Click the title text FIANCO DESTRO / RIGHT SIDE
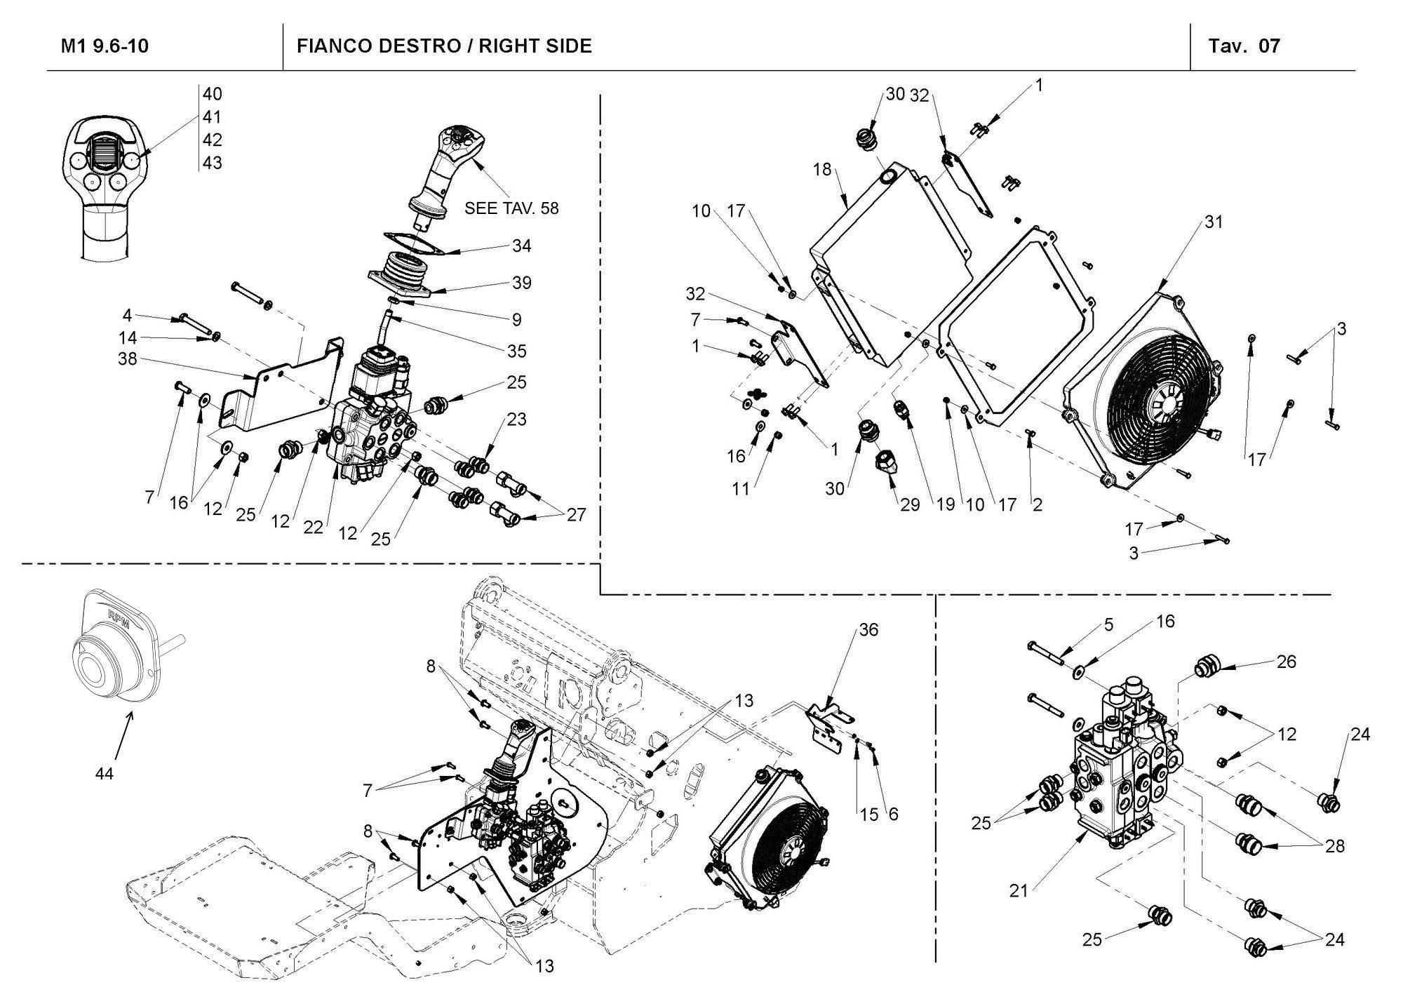click(x=444, y=46)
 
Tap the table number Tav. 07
click(x=1244, y=46)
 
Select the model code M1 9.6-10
click(x=105, y=46)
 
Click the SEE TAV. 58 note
click(x=511, y=208)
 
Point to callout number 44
click(x=105, y=774)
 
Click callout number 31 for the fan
click(x=1214, y=222)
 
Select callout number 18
click(x=822, y=170)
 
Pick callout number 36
click(x=868, y=630)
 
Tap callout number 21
click(x=1019, y=891)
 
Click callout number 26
click(x=1286, y=662)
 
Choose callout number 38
click(x=128, y=359)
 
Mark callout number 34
click(x=521, y=246)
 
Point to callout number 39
click(x=521, y=283)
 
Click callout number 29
click(x=910, y=505)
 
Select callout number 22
click(x=314, y=528)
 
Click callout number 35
click(x=517, y=351)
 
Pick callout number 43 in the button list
click(x=213, y=163)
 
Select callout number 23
click(x=517, y=420)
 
